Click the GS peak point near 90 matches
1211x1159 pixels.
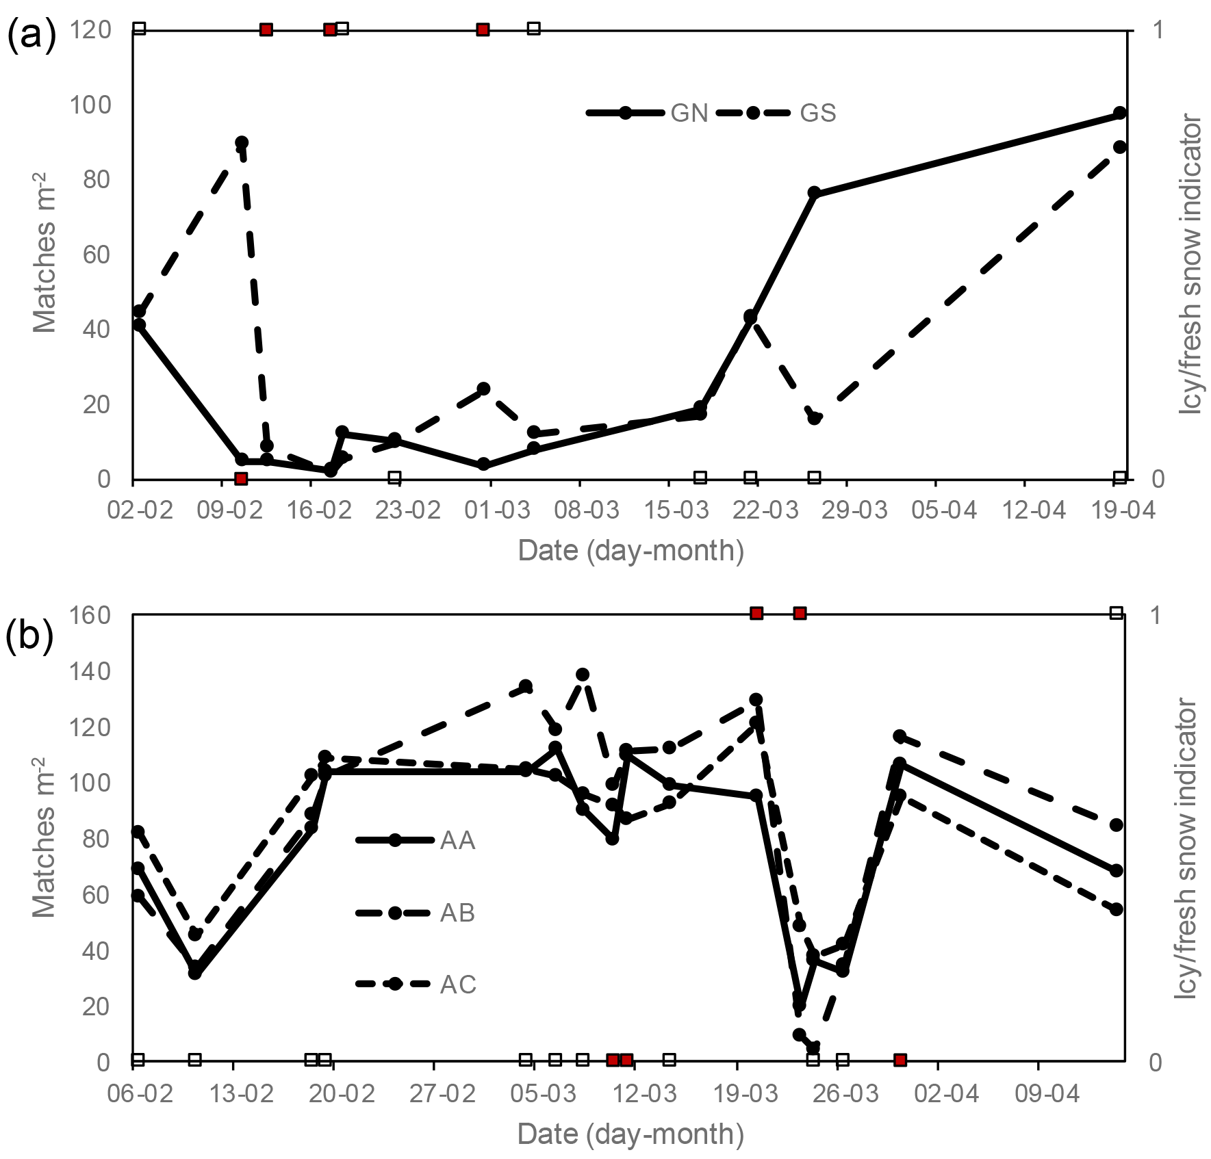point(242,142)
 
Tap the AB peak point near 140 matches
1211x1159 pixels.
point(583,675)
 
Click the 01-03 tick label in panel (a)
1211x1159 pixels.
point(497,510)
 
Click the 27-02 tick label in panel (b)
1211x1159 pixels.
point(442,1093)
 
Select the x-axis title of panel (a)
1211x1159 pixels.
point(630,550)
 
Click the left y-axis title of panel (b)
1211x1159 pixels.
point(44,837)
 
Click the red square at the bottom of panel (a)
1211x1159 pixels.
point(241,478)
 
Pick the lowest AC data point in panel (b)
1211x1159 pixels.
point(813,1047)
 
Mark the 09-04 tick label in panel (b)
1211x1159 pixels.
point(1047,1093)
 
